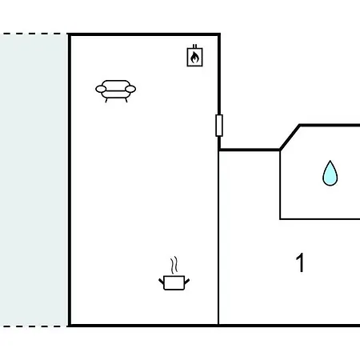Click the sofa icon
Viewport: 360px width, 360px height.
point(116,91)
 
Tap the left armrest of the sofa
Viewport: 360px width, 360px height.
point(101,89)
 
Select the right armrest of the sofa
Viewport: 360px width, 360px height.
point(130,89)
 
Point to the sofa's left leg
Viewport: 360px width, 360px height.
point(106,100)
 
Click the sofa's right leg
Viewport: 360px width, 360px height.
point(126,100)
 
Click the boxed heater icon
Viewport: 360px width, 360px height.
point(195,55)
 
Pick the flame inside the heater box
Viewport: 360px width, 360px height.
point(194,58)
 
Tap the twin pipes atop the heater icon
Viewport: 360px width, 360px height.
point(195,46)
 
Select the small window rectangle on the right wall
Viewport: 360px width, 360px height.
point(219,126)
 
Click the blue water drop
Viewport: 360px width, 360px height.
point(330,174)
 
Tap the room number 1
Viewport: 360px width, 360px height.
point(300,262)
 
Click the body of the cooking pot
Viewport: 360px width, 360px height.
point(174,283)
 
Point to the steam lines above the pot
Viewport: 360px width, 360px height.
point(174,266)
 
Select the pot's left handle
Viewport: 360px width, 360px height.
point(161,282)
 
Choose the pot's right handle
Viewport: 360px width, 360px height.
point(187,282)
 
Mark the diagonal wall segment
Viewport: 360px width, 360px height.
point(290,138)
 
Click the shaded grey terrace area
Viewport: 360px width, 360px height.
point(34,180)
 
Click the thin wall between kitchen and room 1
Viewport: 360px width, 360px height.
point(218,238)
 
